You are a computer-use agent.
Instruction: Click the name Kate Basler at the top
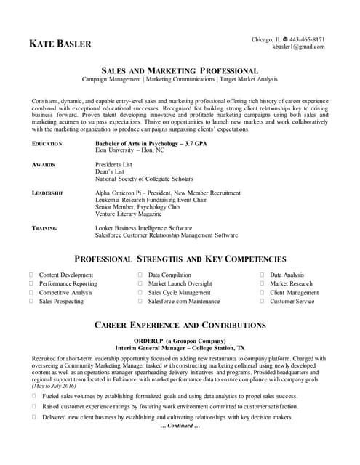(x=60, y=44)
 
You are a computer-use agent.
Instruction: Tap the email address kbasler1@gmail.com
(x=298, y=46)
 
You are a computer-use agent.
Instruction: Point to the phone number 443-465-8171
(x=308, y=39)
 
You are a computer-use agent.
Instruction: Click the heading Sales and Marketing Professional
(x=179, y=70)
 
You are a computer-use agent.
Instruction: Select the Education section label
(x=47, y=144)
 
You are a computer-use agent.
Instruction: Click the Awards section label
(x=44, y=165)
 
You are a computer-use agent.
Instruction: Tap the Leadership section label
(x=48, y=193)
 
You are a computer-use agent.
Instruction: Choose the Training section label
(x=45, y=228)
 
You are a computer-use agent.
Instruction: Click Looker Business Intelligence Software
(x=143, y=228)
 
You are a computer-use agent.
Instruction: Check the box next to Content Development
(x=31, y=275)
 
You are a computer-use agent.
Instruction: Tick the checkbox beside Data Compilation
(x=140, y=275)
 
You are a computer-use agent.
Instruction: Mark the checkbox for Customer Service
(x=263, y=301)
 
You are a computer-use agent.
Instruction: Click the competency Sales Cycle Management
(x=179, y=292)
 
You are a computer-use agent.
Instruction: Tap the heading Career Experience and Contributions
(x=180, y=325)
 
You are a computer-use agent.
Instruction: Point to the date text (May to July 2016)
(x=55, y=386)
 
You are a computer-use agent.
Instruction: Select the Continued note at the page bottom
(x=180, y=426)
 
